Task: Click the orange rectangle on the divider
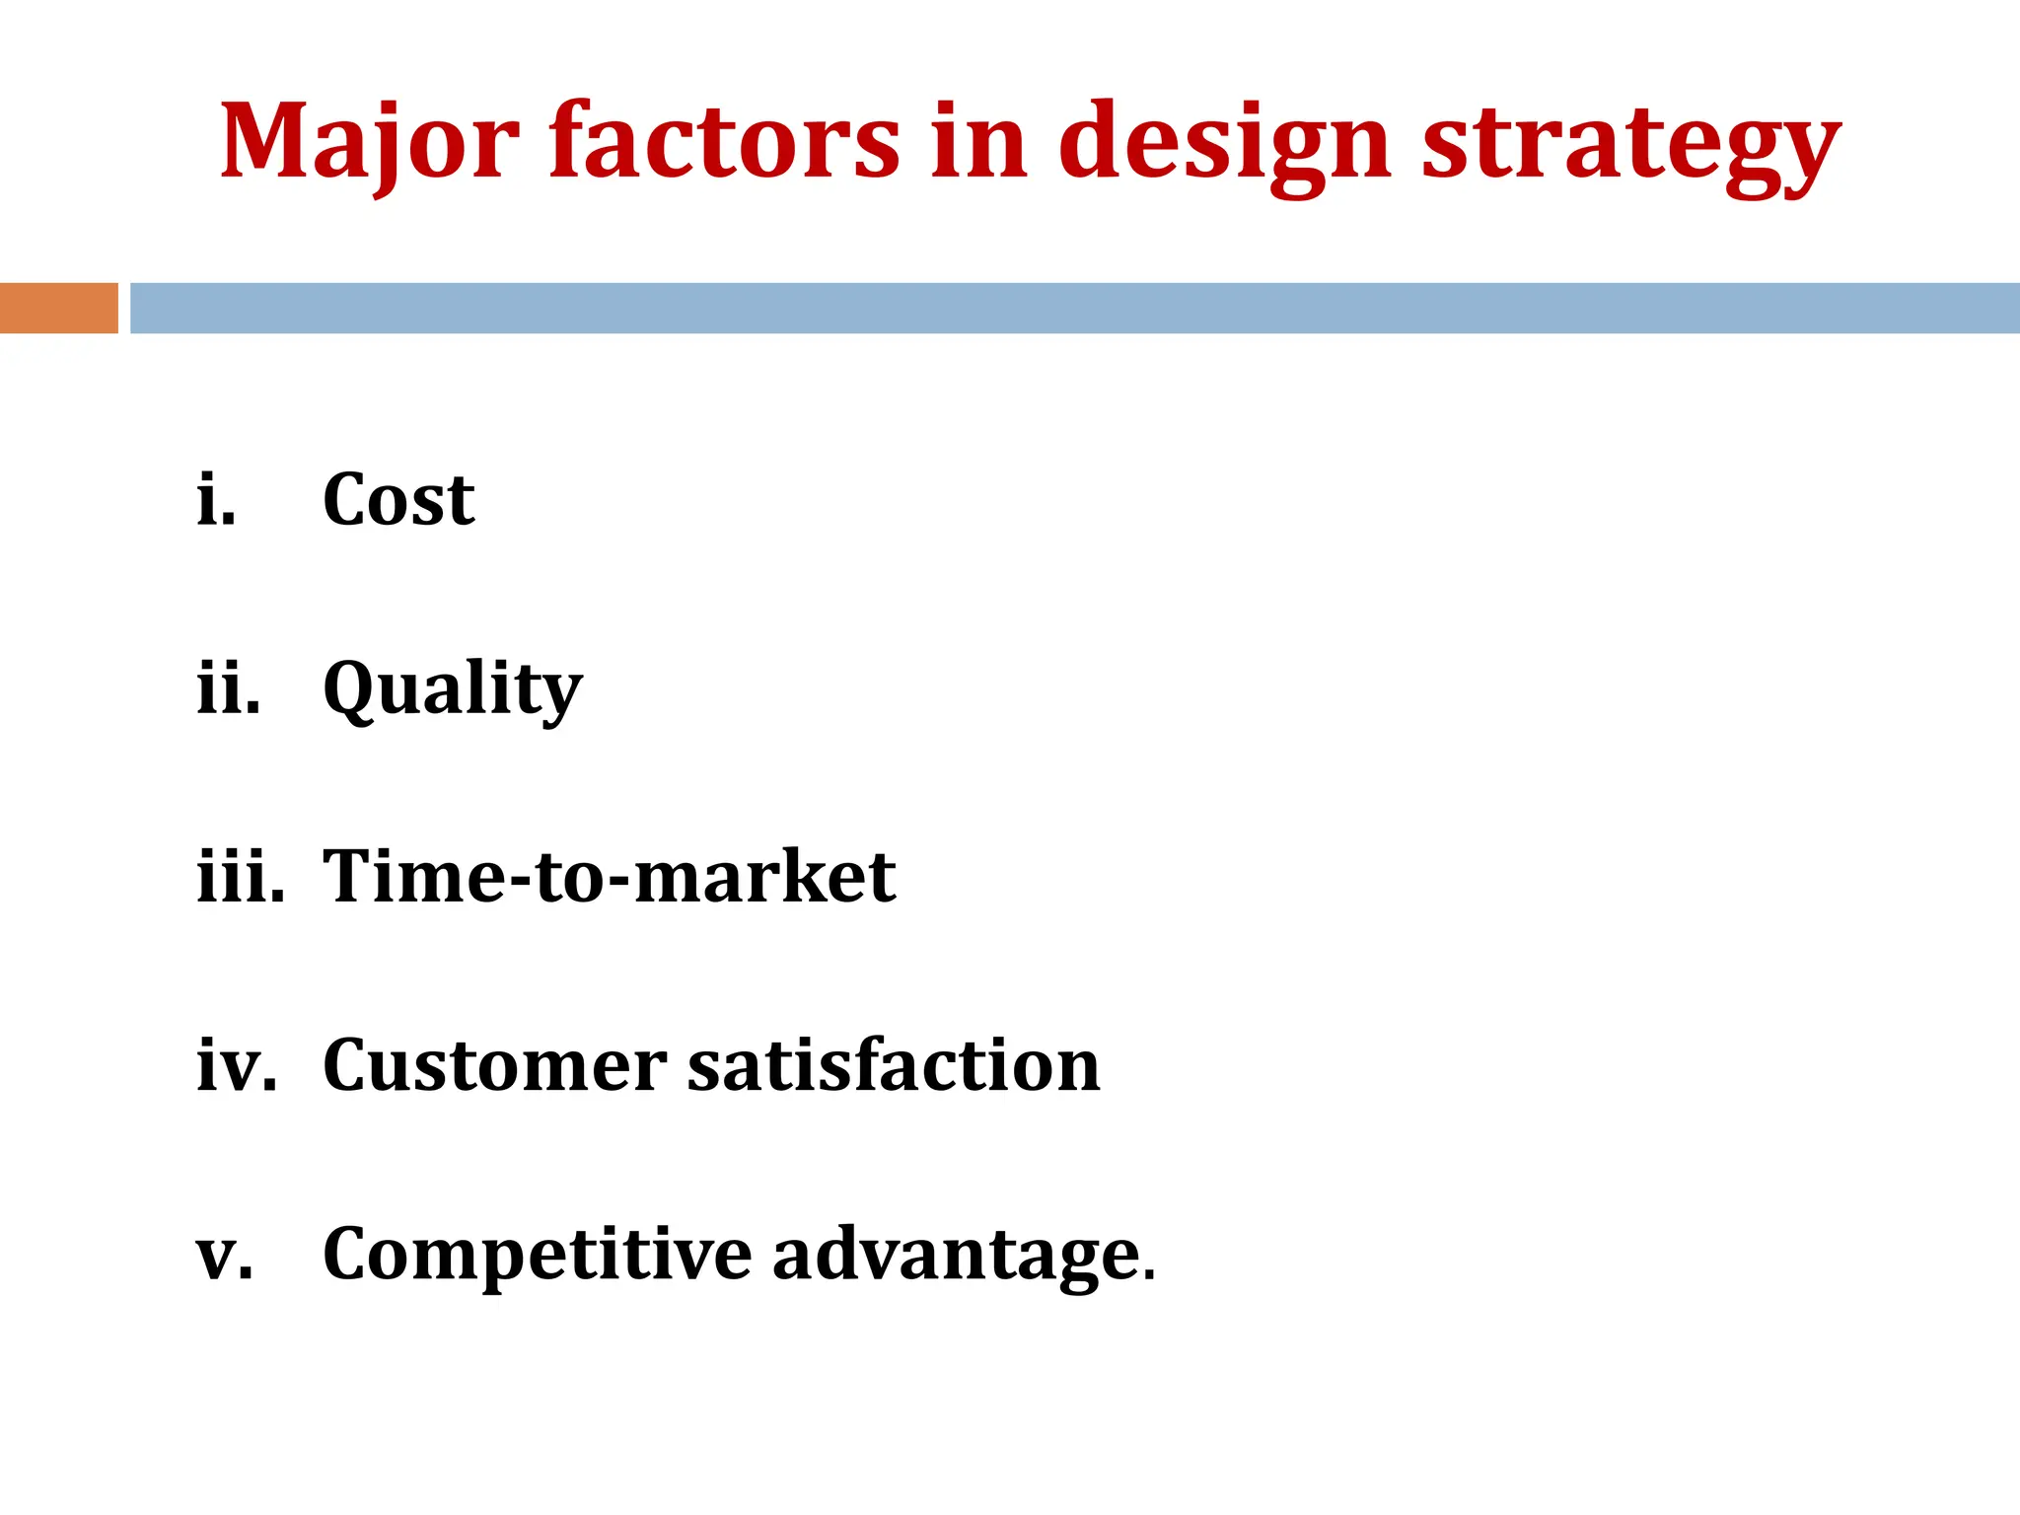[58, 308]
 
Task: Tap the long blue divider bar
[1074, 308]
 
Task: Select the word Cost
[398, 499]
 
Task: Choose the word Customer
[494, 1065]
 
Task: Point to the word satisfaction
[894, 1065]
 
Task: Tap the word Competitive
[538, 1255]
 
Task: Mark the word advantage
[956, 1255]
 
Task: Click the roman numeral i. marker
[216, 499]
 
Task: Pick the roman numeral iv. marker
[237, 1065]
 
